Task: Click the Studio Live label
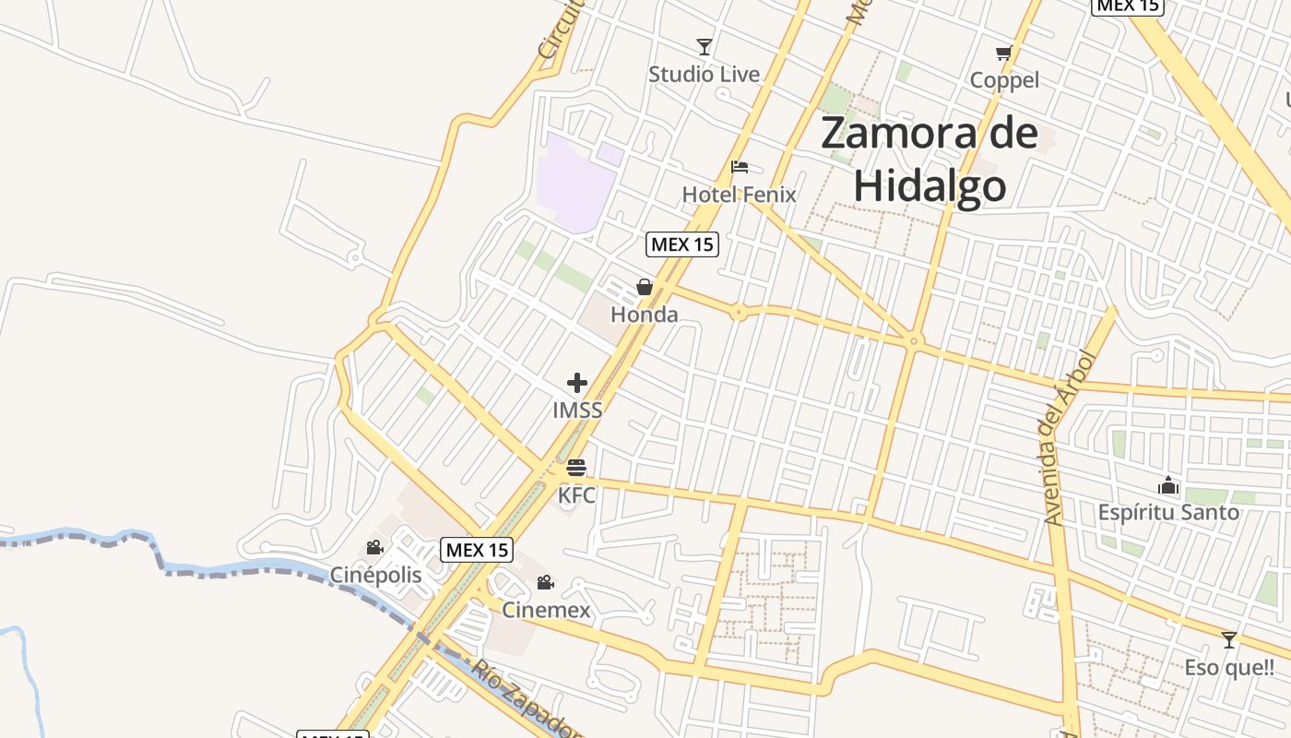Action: point(704,75)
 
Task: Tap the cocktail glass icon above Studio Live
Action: point(705,47)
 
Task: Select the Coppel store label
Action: point(1004,80)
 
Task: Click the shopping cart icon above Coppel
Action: point(1004,54)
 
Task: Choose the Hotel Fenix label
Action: point(739,195)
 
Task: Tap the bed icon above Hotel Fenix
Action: point(740,167)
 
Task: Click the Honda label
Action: point(644,315)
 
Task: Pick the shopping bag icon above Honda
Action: point(645,288)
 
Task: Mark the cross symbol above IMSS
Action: point(577,383)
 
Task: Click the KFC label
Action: point(576,495)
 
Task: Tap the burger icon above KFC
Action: point(577,469)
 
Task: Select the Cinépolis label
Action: point(375,576)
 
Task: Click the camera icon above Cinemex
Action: point(546,583)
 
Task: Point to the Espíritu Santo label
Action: point(1168,512)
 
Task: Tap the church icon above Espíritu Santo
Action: point(1168,485)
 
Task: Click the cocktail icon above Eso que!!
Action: point(1228,640)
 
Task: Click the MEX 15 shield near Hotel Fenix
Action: point(681,244)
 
